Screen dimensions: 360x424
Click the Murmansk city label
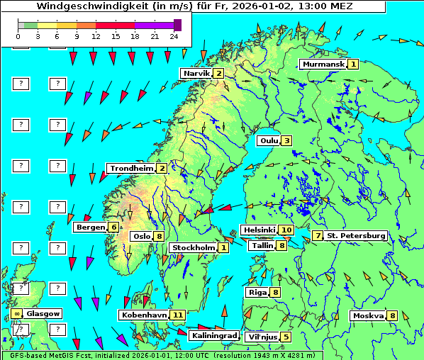point(323,64)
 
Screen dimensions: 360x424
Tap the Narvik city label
point(196,73)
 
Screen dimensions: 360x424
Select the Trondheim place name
point(131,168)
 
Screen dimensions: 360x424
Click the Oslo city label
point(142,236)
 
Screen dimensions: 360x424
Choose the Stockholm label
point(194,247)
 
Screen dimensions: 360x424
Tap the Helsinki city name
point(259,230)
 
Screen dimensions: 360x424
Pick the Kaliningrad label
point(214,335)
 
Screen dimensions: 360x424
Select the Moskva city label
point(368,315)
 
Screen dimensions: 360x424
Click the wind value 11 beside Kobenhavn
point(178,315)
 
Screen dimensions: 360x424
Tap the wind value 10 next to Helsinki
point(286,230)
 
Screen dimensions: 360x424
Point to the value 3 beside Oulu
point(286,140)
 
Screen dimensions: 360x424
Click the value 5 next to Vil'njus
point(286,337)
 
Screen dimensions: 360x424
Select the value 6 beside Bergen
point(113,227)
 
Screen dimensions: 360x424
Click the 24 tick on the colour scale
point(174,36)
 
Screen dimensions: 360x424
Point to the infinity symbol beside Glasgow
point(16,313)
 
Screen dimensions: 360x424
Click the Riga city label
point(256,292)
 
